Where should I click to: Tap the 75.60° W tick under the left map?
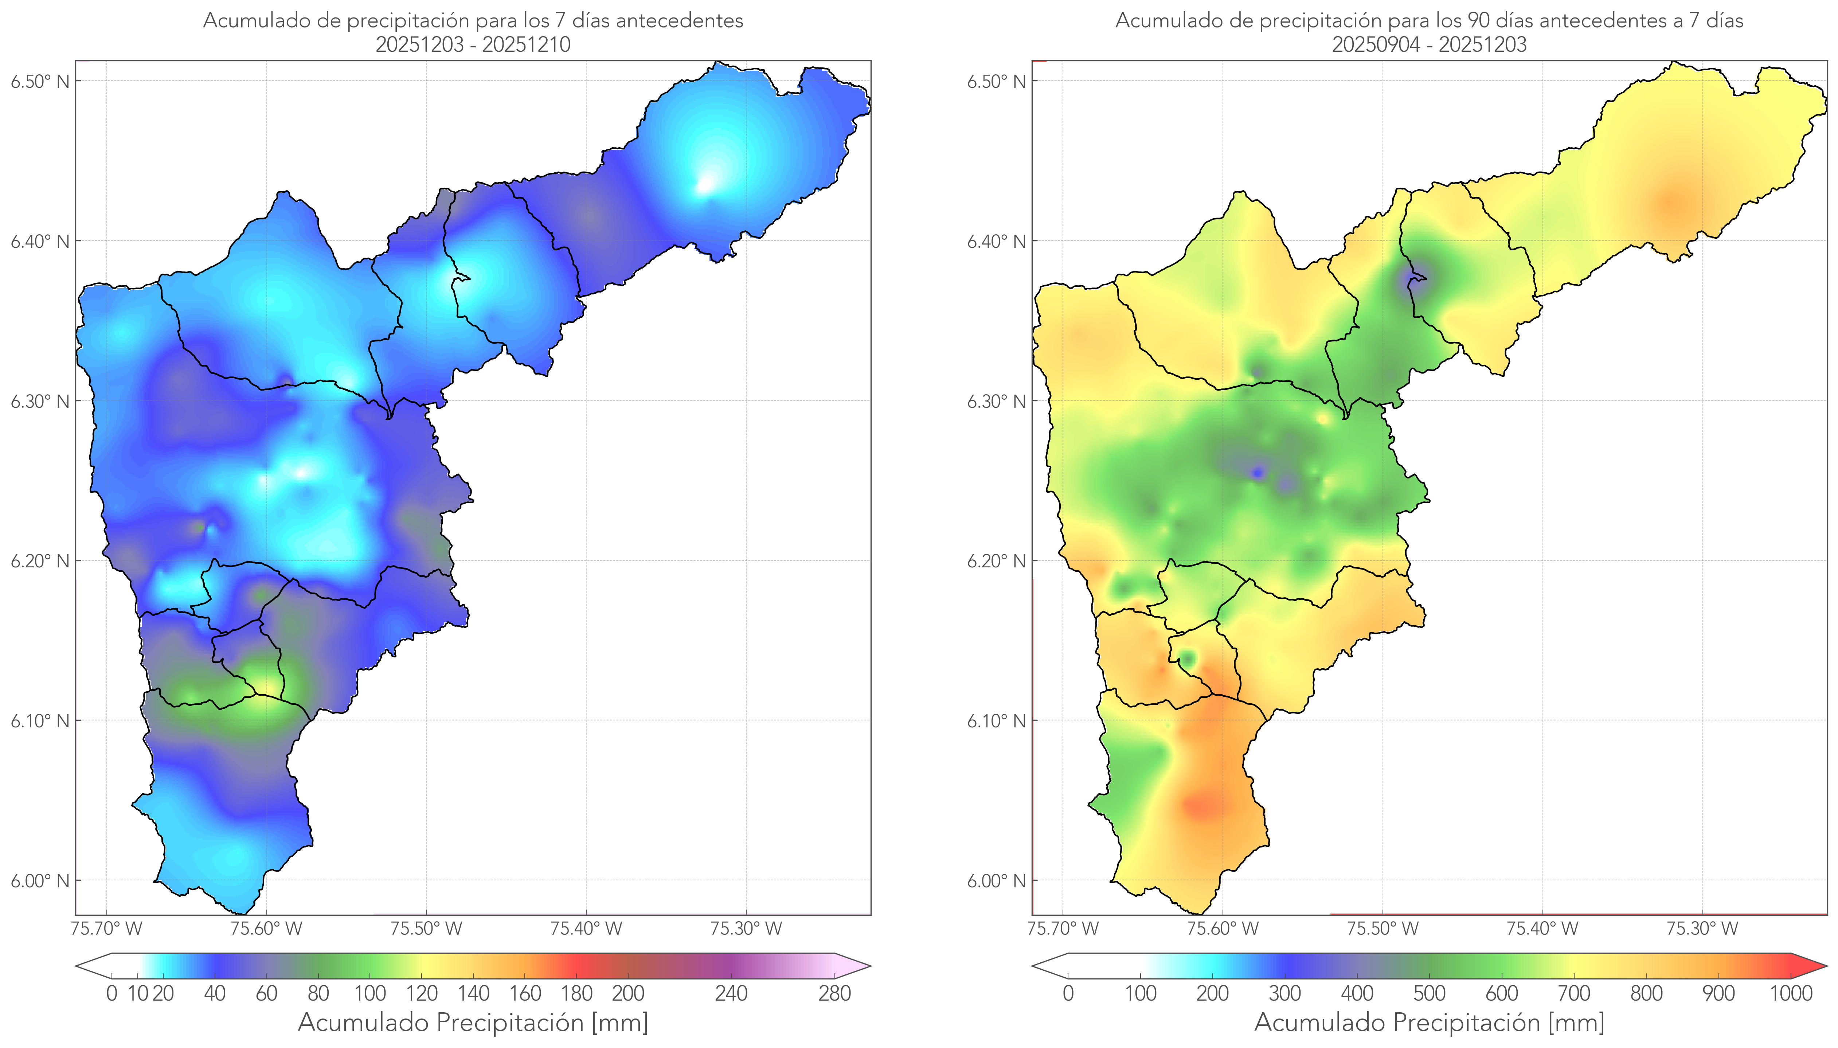coord(266,928)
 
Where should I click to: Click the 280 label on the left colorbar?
coord(835,993)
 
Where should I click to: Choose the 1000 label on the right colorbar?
coord(1791,993)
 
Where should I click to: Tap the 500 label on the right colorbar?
coord(1429,993)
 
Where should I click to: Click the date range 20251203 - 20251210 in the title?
coord(473,44)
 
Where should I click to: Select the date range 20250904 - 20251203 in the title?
coord(1429,44)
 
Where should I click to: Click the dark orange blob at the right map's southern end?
coord(1200,805)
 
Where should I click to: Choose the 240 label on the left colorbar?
coord(731,993)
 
